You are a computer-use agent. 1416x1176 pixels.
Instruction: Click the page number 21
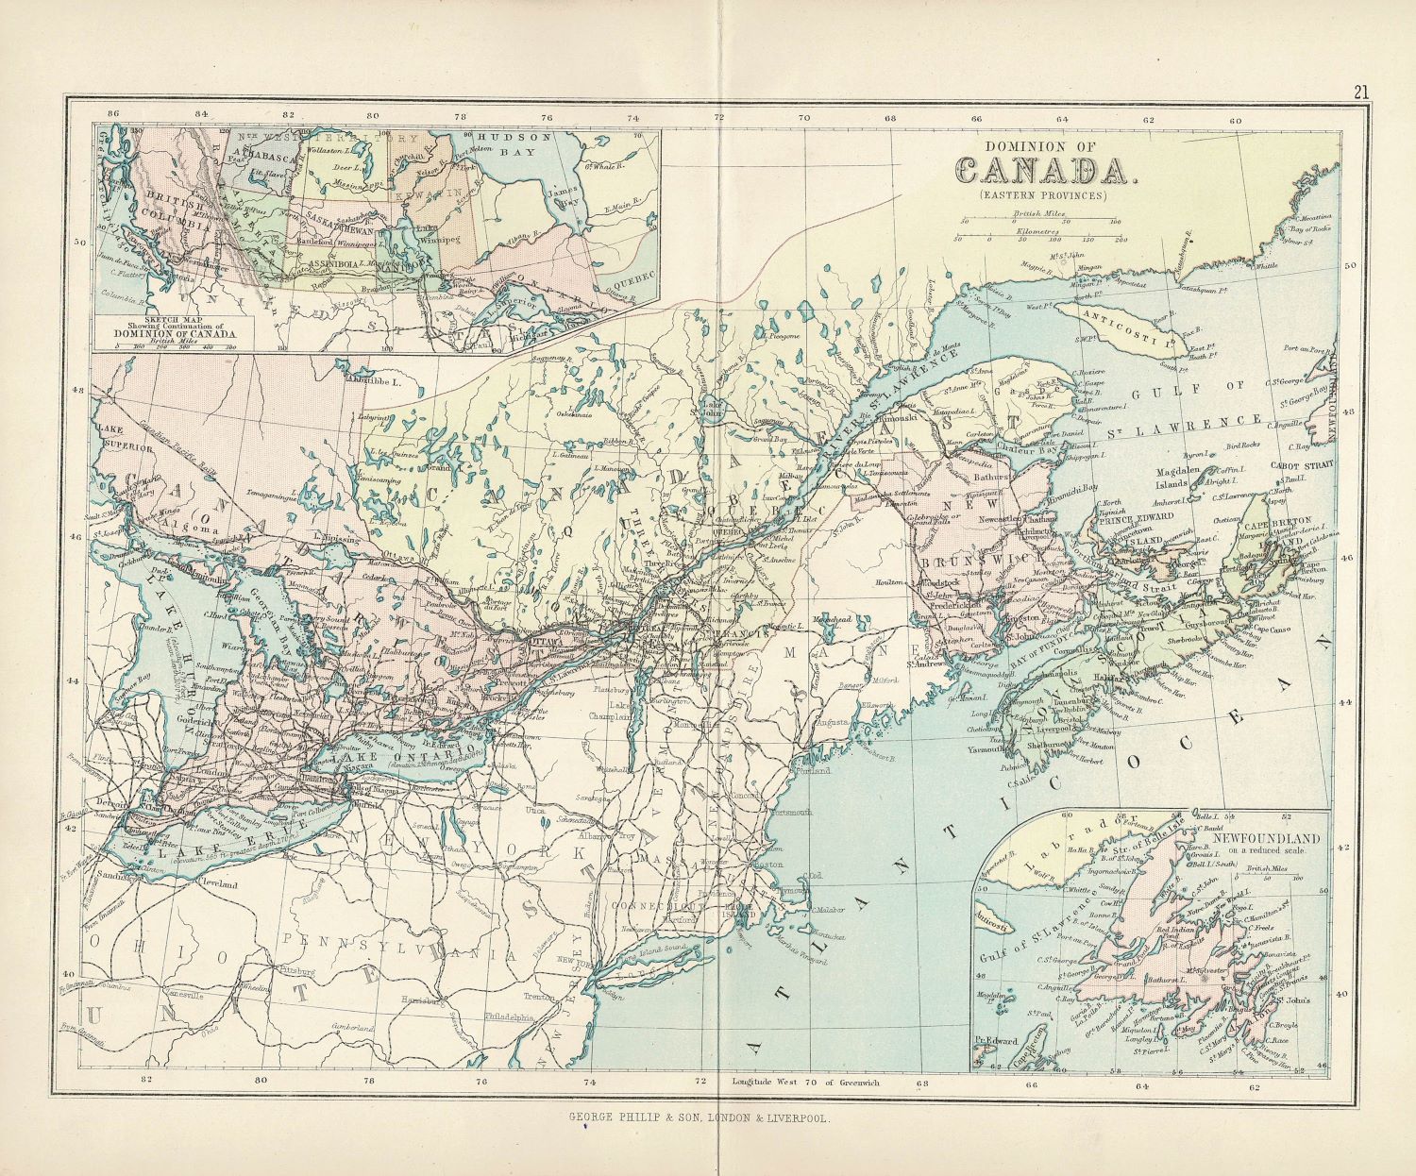click(1360, 92)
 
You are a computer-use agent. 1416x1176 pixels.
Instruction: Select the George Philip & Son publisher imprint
click(699, 1117)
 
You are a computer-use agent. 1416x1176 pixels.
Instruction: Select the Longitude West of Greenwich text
click(804, 1082)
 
